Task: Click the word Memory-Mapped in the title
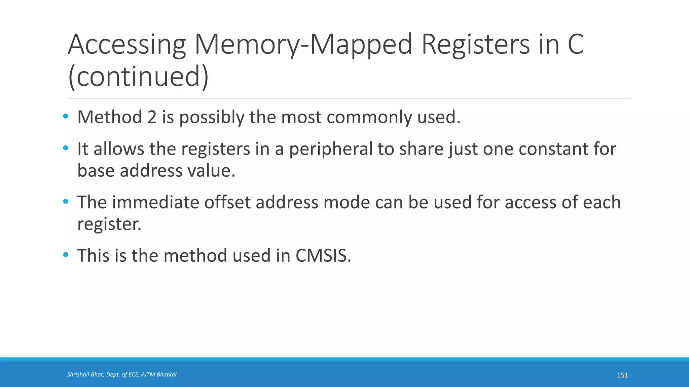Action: [x=303, y=45]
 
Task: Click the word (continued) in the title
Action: [x=138, y=77]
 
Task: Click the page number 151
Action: [x=622, y=375]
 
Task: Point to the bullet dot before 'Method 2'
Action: [x=66, y=117]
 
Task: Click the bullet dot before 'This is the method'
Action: [x=66, y=255]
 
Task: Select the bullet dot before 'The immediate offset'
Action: [x=66, y=202]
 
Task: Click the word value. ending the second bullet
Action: [x=211, y=171]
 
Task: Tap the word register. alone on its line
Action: [x=109, y=224]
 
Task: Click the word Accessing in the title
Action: [x=127, y=45]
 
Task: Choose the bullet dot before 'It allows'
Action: [x=66, y=148]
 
